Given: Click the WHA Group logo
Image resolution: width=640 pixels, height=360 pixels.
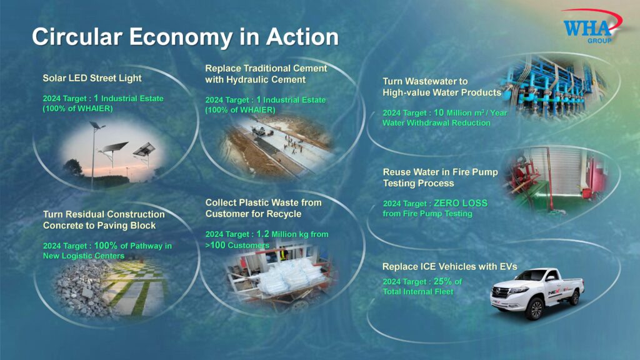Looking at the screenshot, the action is click(592, 26).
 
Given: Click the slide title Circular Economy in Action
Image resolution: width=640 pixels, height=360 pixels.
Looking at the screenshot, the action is click(185, 37).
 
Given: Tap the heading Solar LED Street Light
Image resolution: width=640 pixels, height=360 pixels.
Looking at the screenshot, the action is click(92, 78).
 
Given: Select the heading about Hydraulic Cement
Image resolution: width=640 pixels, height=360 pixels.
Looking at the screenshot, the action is click(266, 74).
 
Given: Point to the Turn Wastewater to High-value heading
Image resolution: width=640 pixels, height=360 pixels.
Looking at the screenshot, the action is click(442, 87).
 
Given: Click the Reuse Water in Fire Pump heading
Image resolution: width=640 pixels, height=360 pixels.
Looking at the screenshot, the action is click(440, 177).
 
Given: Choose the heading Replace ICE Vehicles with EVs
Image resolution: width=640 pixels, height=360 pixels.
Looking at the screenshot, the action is click(450, 266).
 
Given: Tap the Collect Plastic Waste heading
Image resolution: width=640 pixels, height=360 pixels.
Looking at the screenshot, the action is click(263, 208).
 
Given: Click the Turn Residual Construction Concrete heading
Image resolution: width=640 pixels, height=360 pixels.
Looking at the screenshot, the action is click(104, 220).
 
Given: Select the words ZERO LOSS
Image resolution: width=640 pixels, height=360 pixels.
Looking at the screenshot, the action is click(461, 203).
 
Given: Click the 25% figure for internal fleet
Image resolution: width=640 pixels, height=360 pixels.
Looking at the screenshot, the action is click(442, 282).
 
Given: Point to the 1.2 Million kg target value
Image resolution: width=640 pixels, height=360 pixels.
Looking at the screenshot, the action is click(292, 234).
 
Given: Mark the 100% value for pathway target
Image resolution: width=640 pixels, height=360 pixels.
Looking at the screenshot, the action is click(106, 246).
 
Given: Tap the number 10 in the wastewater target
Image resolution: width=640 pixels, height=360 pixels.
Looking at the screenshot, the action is click(439, 112).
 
